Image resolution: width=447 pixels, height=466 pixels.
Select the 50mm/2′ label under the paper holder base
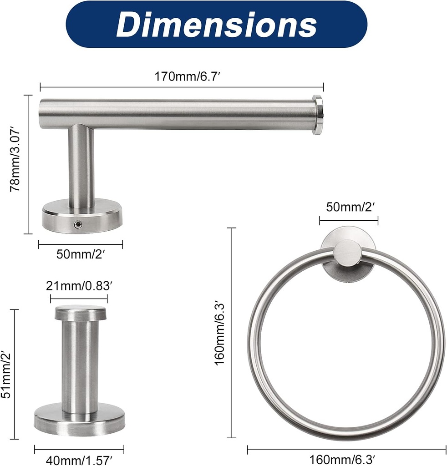[x=81, y=254]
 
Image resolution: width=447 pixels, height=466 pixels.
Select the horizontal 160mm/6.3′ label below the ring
[x=342, y=459]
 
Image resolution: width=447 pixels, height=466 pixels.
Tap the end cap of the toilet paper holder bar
[x=318, y=115]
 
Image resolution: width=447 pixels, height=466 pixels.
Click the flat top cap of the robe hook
[x=81, y=313]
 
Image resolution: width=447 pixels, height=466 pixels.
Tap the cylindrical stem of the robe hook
[x=80, y=364]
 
